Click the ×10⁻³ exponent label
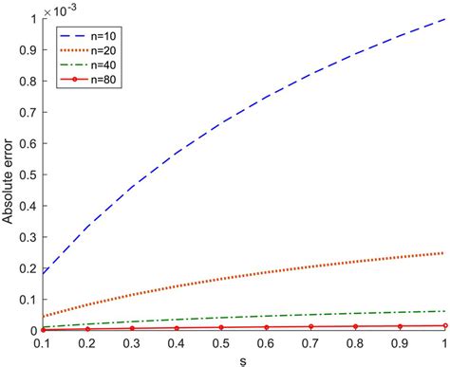tap(60, 9)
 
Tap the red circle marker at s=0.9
tap(394, 326)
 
